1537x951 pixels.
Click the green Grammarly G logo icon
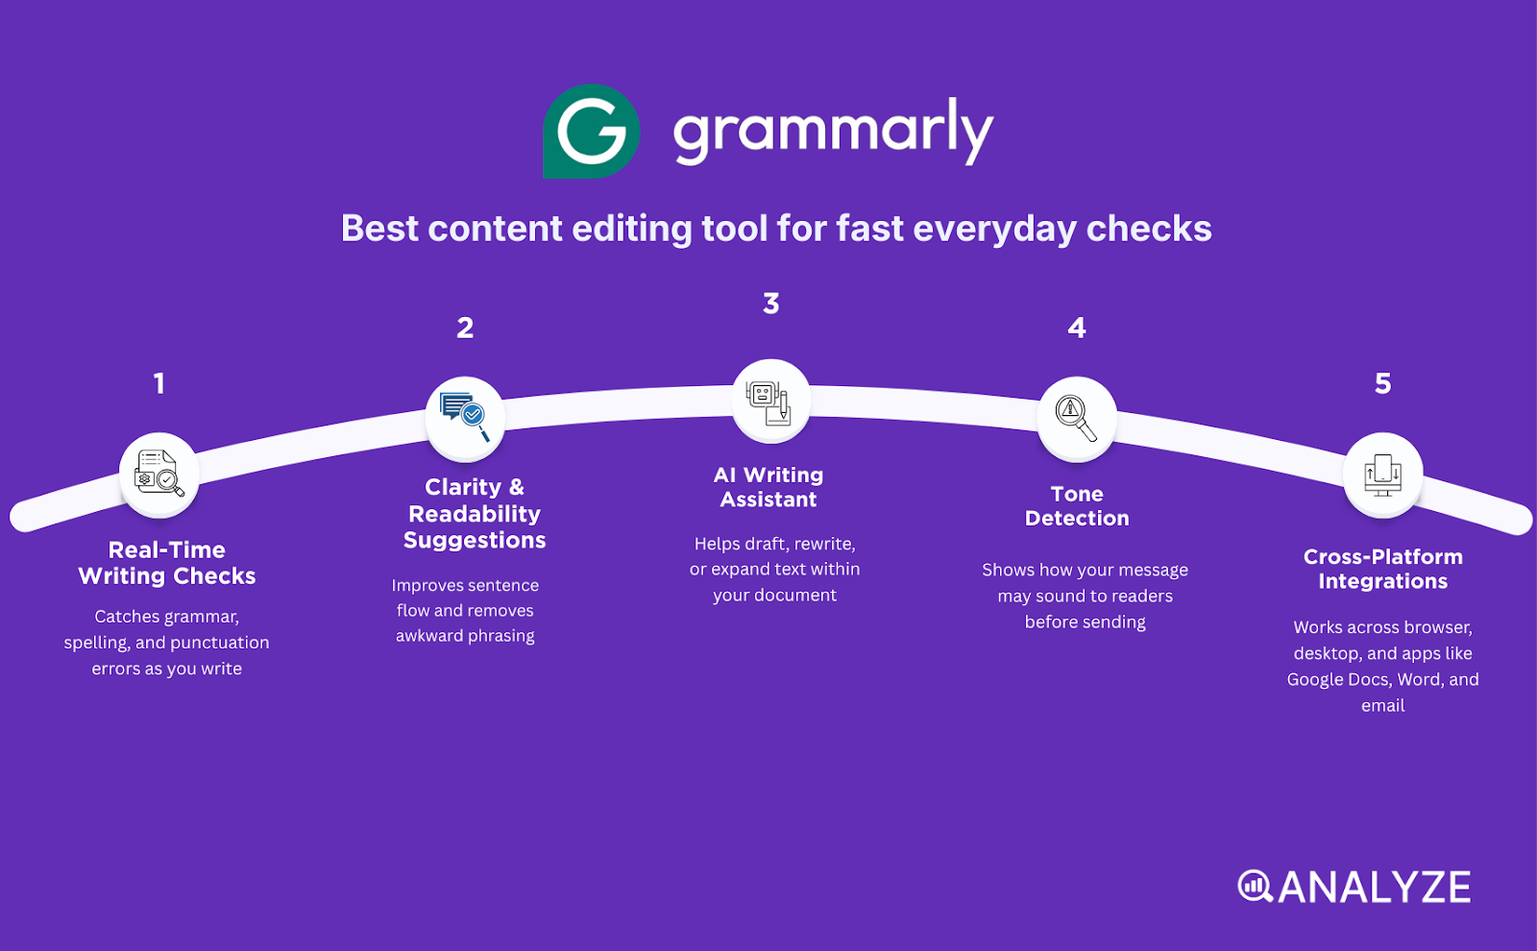[x=591, y=132]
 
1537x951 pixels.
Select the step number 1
[x=159, y=383]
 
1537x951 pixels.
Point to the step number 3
[x=770, y=304]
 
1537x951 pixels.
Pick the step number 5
[x=1382, y=383]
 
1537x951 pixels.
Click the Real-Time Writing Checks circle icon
[x=159, y=474]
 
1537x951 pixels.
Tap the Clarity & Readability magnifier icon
[x=465, y=417]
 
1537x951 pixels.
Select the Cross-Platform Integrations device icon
[x=1382, y=474]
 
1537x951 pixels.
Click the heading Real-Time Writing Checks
[x=167, y=563]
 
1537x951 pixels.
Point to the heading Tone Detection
[x=1077, y=506]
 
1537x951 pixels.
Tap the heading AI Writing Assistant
[x=768, y=487]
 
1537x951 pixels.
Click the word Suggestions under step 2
[x=475, y=541]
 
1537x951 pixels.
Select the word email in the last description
[x=1382, y=706]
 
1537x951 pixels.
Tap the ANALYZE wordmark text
[x=1375, y=888]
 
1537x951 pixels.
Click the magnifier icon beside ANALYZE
[x=1254, y=886]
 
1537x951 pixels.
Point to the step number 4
[x=1077, y=329]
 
